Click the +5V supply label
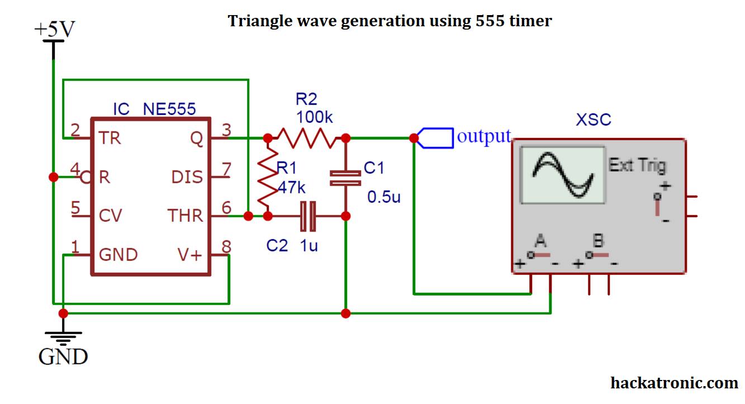tap(54, 30)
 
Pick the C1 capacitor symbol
tap(345, 177)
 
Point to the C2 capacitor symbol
tap(307, 216)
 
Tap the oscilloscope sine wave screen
tap(562, 175)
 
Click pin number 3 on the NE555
tap(226, 130)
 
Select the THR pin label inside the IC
tap(185, 216)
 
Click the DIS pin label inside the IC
tap(187, 177)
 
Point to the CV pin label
tap(110, 216)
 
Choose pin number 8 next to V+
tap(226, 246)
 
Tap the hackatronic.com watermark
tap(673, 383)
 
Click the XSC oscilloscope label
tap(593, 120)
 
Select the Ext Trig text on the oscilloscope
tap(637, 165)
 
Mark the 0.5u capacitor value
tap(384, 197)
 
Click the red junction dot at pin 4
tap(54, 177)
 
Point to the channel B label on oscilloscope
tap(598, 241)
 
